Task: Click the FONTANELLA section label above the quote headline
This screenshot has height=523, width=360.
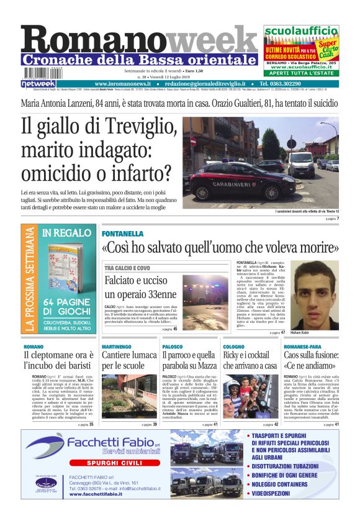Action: pyautogui.click(x=123, y=234)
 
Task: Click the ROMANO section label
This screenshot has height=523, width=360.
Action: pyautogui.click(x=34, y=346)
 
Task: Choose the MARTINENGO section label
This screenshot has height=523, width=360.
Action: pyautogui.click(x=117, y=346)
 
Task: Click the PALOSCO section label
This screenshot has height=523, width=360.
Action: pyautogui.click(x=172, y=346)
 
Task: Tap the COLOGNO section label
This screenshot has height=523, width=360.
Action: pyautogui.click(x=233, y=346)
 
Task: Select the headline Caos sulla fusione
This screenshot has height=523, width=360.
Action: pyautogui.click(x=310, y=362)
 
